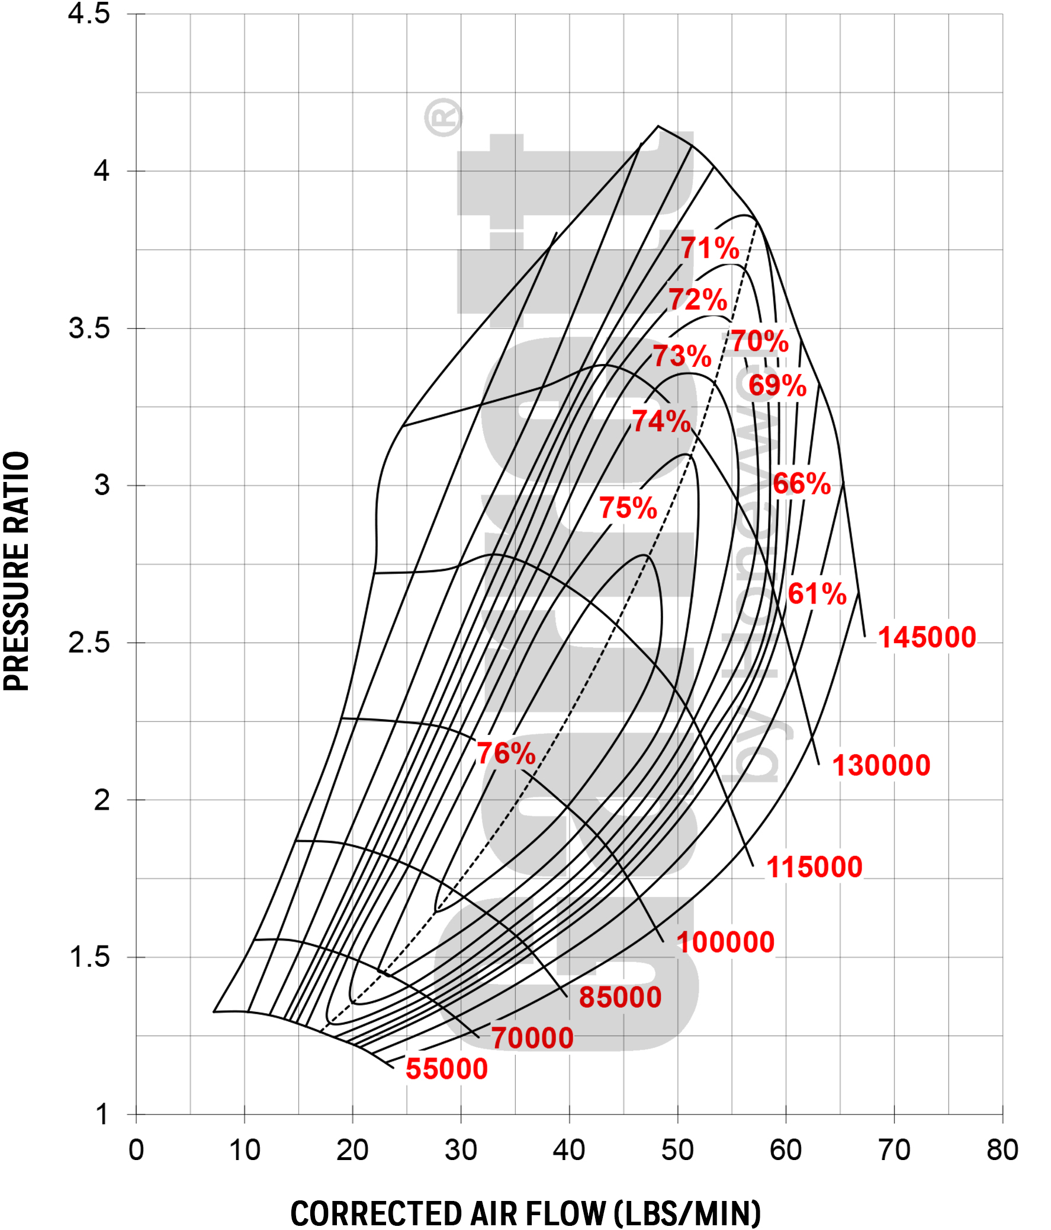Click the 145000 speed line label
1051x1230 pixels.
(x=927, y=638)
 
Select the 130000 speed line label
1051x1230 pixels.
(x=881, y=765)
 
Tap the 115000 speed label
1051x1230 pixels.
(x=814, y=867)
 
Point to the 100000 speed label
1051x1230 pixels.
(x=725, y=942)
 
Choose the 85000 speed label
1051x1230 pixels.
(x=620, y=997)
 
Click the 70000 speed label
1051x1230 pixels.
(x=532, y=1039)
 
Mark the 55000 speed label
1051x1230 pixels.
(x=446, y=1069)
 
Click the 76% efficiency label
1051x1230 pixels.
(x=506, y=753)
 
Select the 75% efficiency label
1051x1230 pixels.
(x=628, y=507)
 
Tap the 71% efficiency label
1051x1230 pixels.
(x=709, y=248)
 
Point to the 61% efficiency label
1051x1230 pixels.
(x=817, y=593)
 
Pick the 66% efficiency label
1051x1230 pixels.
(x=801, y=484)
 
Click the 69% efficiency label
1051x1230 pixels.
(x=777, y=385)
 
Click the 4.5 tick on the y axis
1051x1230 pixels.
(x=89, y=14)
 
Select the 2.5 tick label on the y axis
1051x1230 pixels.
(x=89, y=643)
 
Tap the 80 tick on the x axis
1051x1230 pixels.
(x=1002, y=1150)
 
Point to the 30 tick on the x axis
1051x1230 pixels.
(x=461, y=1150)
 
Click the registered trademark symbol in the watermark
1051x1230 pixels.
(x=443, y=117)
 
